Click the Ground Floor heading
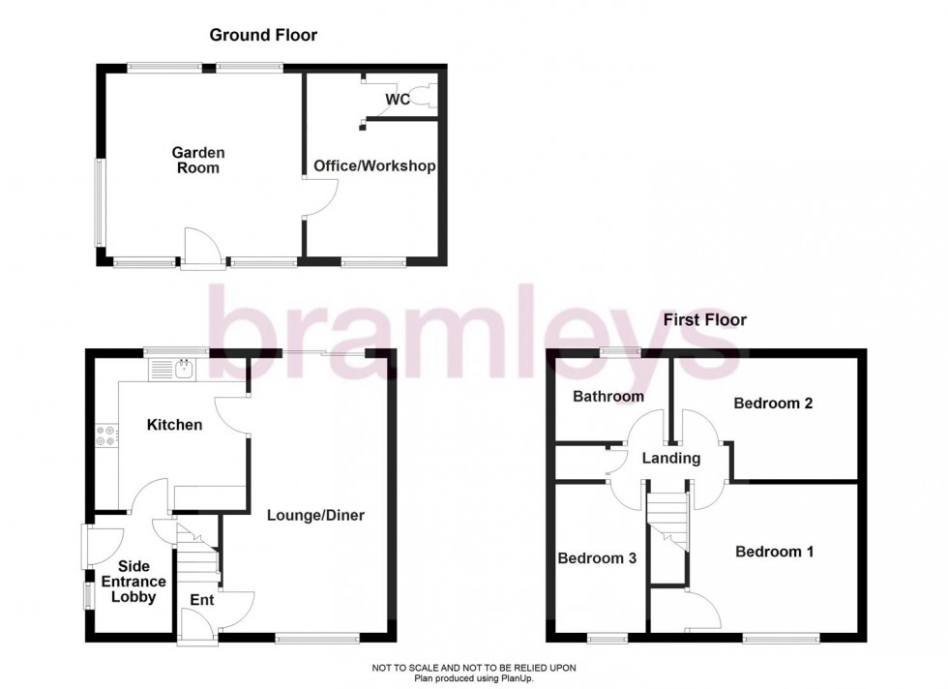(263, 36)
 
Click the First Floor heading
(703, 319)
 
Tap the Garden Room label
(197, 161)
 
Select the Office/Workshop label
(374, 166)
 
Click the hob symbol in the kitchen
(106, 436)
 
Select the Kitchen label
(174, 425)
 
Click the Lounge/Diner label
(315, 516)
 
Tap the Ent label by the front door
(201, 600)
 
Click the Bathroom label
(607, 397)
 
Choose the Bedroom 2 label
(772, 404)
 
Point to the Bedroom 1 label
(774, 552)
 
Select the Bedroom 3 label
(597, 558)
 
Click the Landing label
(671, 459)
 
